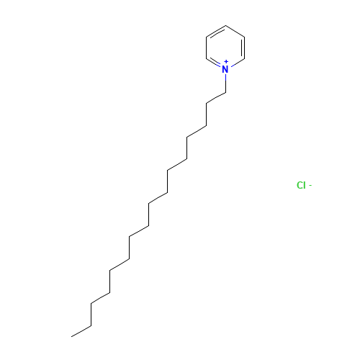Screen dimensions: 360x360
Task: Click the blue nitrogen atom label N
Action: coord(225,69)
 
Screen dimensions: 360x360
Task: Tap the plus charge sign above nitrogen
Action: coord(226,62)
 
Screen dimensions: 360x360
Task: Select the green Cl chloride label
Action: coord(301,185)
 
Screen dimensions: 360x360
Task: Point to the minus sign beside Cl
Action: coord(310,185)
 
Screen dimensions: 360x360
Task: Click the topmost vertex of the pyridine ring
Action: coord(225,25)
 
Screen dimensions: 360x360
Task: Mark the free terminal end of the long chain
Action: coord(71,336)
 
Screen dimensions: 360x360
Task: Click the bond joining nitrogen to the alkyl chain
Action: coord(225,83)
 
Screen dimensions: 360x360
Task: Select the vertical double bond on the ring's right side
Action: coord(243,48)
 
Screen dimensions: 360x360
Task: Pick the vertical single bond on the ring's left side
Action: coord(206,48)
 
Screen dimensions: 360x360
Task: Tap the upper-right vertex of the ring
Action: coord(244,37)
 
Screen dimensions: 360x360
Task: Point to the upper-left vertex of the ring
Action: coord(206,37)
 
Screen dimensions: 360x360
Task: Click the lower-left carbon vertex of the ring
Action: coord(206,59)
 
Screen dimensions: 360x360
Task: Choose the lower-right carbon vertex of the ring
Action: coord(244,59)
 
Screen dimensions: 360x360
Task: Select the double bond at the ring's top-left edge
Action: coord(216,32)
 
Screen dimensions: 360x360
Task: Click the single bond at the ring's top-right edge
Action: coord(235,31)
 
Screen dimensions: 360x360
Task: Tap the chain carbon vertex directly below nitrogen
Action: coord(225,92)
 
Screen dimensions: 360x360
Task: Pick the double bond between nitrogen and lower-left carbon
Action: coord(214,63)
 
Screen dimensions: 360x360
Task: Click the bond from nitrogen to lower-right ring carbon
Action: coord(237,63)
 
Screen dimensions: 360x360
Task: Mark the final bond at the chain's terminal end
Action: coord(81,331)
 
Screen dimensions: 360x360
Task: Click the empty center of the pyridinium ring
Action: coord(225,48)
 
